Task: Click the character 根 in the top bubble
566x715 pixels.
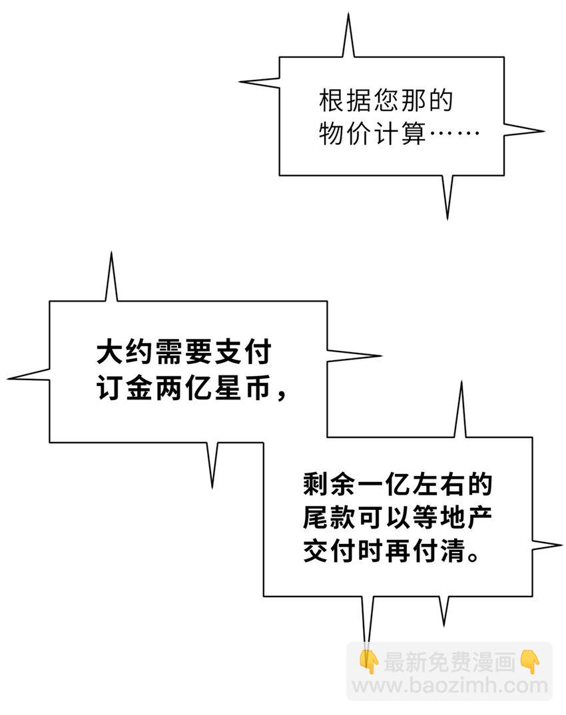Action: (x=332, y=102)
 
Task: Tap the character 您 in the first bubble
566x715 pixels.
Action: (x=386, y=102)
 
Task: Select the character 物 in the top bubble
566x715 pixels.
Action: (x=332, y=134)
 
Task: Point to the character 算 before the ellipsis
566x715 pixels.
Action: (x=413, y=134)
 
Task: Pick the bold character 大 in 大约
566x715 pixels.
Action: (x=108, y=352)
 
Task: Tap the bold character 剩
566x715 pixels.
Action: (x=315, y=485)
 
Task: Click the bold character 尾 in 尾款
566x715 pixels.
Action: (x=315, y=519)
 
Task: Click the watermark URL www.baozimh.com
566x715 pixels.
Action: (x=450, y=685)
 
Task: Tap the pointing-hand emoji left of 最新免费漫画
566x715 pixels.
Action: (x=368, y=662)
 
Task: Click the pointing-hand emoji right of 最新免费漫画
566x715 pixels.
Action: (x=530, y=662)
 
